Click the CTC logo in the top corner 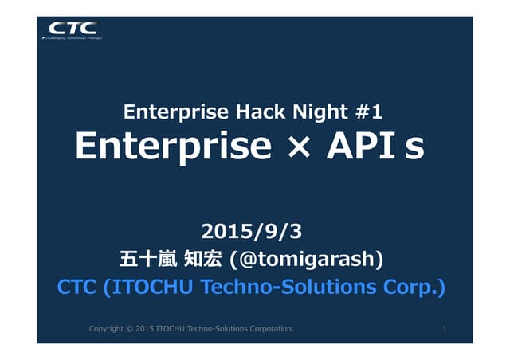(x=73, y=28)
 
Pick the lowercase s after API (x=414, y=149)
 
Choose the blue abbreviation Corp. (x=414, y=286)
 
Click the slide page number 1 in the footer (x=444, y=327)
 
